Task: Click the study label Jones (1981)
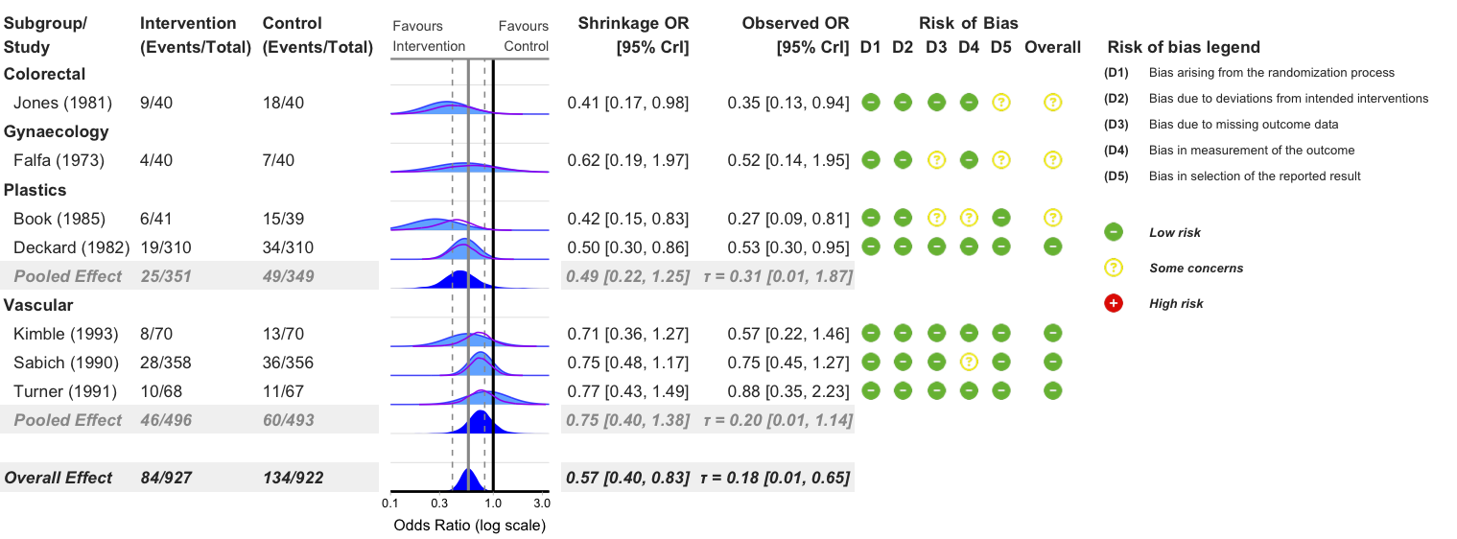(x=62, y=103)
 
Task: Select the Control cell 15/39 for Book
(x=284, y=219)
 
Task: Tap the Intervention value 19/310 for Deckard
(x=164, y=247)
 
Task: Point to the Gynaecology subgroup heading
(x=57, y=131)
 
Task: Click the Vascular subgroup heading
(x=38, y=305)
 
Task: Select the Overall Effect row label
(x=59, y=478)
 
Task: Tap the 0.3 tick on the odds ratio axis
(x=440, y=503)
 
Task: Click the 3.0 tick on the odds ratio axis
(x=541, y=503)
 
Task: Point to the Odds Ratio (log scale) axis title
(x=469, y=526)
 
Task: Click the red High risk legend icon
(x=1114, y=303)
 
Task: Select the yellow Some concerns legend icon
(x=1114, y=268)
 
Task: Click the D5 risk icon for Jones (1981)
(x=1000, y=102)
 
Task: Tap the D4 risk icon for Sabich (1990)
(x=969, y=363)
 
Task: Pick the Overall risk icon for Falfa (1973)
(x=1052, y=160)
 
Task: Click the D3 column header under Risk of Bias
(x=936, y=47)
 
